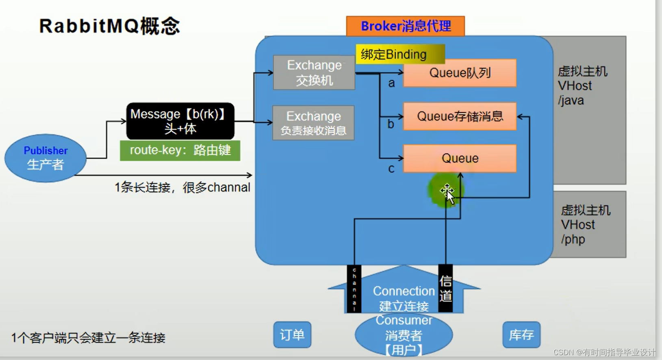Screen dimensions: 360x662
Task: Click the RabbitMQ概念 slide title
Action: [109, 26]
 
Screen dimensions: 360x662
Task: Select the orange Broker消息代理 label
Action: [405, 26]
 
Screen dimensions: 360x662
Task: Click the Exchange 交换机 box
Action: [314, 73]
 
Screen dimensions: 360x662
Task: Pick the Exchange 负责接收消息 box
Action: [313, 123]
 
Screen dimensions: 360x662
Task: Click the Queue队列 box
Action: [460, 73]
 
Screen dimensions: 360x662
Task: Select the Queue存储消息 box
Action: [460, 117]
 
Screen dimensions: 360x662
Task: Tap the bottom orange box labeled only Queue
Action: [460, 158]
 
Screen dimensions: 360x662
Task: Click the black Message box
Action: [180, 121]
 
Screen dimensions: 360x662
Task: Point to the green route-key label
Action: [180, 150]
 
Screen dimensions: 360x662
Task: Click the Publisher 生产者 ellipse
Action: [45, 158]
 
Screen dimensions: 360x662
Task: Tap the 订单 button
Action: [292, 335]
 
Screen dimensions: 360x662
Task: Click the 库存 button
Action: [521, 335]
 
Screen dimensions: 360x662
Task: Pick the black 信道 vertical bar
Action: [445, 288]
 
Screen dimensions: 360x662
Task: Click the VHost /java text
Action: [582, 86]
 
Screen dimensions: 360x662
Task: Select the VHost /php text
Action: [585, 225]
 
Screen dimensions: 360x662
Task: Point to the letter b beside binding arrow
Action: [391, 124]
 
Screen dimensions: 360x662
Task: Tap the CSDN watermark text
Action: [604, 352]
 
